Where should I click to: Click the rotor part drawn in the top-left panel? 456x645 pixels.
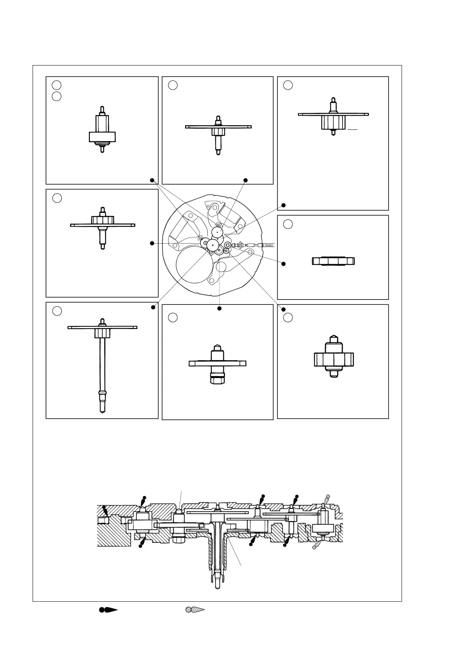tap(102, 130)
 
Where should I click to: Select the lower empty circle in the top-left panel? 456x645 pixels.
tap(57, 96)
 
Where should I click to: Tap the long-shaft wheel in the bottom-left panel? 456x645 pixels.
tap(102, 364)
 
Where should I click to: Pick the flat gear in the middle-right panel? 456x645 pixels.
tap(333, 261)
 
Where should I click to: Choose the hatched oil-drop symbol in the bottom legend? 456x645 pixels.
tap(195, 610)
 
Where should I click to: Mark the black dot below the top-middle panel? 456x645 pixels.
tap(246, 180)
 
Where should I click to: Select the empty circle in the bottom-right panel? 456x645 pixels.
tap(288, 317)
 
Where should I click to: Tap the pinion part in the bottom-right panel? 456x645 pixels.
tap(333, 358)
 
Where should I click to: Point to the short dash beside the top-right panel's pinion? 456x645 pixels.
tap(353, 130)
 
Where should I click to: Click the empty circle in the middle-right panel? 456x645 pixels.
tap(288, 224)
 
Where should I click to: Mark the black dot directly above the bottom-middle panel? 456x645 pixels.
tap(220, 308)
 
